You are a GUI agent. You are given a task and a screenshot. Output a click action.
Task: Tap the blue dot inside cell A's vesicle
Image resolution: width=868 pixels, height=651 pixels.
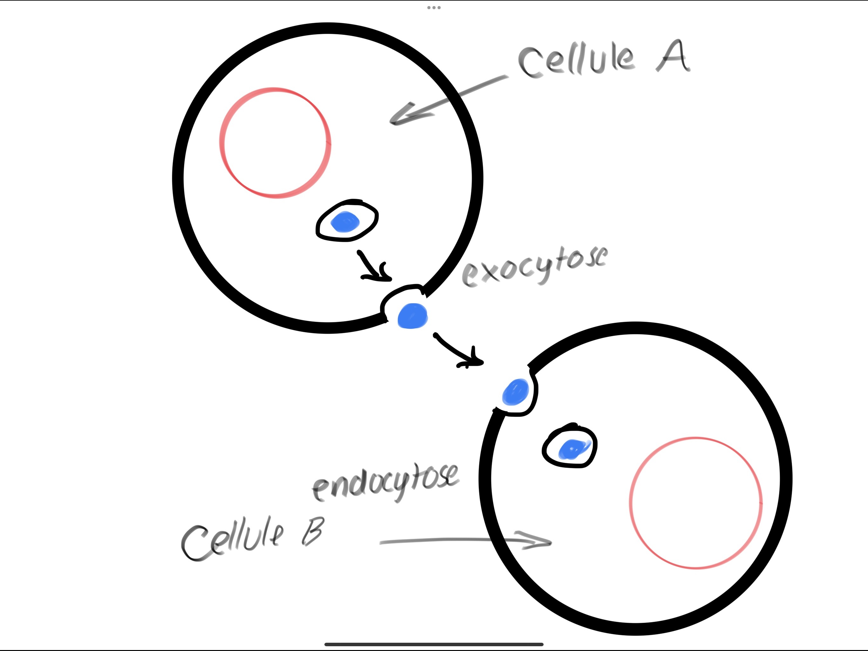345,222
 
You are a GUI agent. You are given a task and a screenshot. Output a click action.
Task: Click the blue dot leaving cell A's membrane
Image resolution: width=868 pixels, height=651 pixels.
412,316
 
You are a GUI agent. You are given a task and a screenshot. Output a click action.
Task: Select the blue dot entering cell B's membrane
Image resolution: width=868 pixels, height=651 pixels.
516,392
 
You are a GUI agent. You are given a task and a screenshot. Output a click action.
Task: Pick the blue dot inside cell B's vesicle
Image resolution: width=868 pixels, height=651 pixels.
573,449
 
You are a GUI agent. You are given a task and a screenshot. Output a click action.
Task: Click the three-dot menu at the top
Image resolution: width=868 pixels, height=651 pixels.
434,7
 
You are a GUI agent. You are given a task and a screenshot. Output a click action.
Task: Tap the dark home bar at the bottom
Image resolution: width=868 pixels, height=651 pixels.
434,644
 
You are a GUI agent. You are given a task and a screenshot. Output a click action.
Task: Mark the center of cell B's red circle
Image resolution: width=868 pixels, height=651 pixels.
696,503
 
